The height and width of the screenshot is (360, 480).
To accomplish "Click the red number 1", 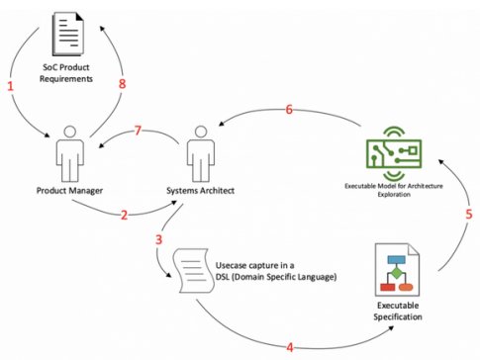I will tap(11, 87).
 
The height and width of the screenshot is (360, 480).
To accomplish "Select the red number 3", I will tap(157, 240).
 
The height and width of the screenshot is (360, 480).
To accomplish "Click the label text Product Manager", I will tap(71, 191).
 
